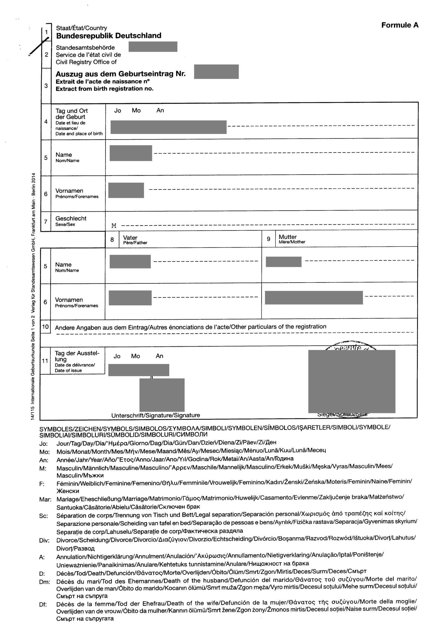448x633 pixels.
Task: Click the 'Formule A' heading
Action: tap(400, 25)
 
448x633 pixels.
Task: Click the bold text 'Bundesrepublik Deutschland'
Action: tap(109, 35)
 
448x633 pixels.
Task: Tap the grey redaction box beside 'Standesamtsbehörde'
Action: tap(153, 47)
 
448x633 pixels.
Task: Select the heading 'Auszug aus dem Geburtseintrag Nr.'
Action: tap(121, 74)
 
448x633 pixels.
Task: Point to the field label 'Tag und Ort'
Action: tap(72, 111)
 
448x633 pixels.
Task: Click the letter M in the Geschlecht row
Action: tap(114, 226)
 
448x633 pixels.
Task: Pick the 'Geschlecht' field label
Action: tap(71, 218)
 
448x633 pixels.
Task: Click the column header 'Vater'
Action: tap(130, 238)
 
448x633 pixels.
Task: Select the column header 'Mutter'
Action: tap(287, 237)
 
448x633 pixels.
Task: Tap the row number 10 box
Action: tap(45, 327)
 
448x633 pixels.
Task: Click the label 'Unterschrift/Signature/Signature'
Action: tap(155, 415)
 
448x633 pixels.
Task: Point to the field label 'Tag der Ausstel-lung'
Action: tap(77, 356)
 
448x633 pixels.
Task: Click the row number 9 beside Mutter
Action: tap(268, 239)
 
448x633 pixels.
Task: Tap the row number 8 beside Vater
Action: tap(112, 240)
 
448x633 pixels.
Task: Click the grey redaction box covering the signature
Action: tap(162, 395)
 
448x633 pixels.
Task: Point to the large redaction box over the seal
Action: tap(352, 381)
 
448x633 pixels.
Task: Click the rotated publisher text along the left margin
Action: tap(33, 296)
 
